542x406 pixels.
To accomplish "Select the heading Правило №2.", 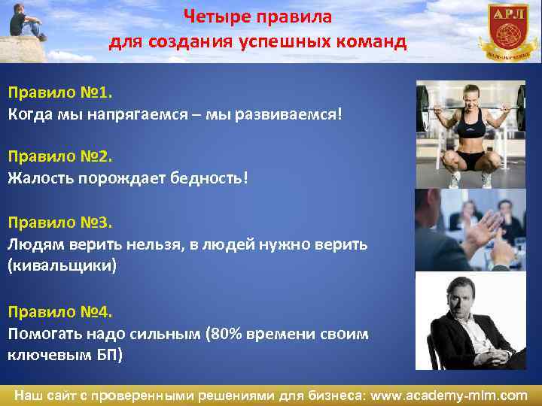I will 59,157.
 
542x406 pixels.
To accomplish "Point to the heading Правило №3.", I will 59,223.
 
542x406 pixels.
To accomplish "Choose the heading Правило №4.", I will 59,311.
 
